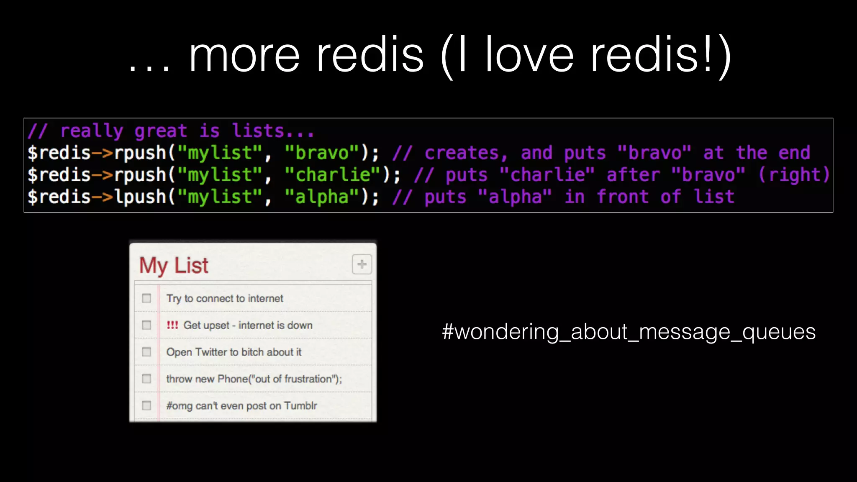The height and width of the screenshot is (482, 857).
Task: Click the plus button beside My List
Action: (362, 264)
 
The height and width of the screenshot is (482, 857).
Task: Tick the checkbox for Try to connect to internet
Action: (146, 298)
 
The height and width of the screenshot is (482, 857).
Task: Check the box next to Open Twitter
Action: (146, 352)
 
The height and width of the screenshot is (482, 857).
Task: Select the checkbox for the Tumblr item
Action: (146, 405)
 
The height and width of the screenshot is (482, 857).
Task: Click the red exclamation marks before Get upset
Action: (172, 325)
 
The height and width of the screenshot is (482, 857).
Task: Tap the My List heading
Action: (174, 265)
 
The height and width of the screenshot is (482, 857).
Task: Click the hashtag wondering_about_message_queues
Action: (629, 332)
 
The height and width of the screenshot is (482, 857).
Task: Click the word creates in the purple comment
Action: (462, 153)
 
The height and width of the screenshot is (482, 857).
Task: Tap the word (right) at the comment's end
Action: (794, 175)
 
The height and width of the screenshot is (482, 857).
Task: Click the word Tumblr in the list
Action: (300, 405)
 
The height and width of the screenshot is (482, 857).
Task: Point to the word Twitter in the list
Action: (212, 352)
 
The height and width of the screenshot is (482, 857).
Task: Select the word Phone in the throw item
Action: (233, 379)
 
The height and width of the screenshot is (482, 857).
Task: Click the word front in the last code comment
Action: (623, 197)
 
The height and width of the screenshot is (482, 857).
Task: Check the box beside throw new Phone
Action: (146, 379)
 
